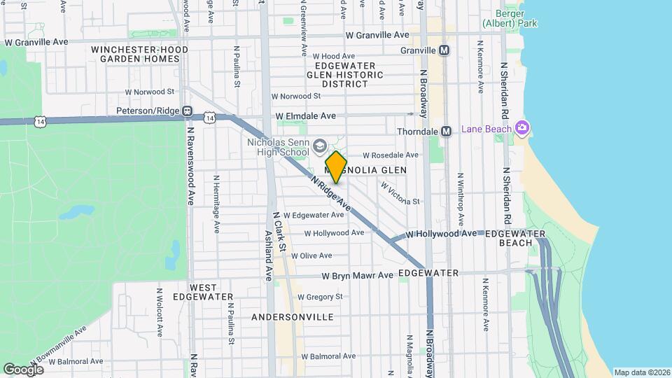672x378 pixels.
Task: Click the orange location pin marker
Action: pos(336,167)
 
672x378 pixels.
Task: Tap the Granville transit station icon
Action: pos(444,50)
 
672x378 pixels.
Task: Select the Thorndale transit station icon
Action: pos(444,132)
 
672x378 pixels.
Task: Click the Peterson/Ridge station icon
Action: pos(187,111)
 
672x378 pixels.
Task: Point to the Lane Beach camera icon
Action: pos(521,128)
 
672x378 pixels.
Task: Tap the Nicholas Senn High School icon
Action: pos(320,146)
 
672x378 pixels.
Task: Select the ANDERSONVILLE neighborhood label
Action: pos(292,317)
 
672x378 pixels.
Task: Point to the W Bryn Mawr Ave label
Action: pos(358,276)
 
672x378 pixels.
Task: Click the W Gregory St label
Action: pos(319,297)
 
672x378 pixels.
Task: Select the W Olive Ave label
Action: pos(312,256)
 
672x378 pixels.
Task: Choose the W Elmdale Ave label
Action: pos(306,115)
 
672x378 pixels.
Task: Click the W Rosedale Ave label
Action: pos(390,155)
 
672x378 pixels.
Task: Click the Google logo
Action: pos(24,369)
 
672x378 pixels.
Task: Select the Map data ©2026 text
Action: pos(641,372)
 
